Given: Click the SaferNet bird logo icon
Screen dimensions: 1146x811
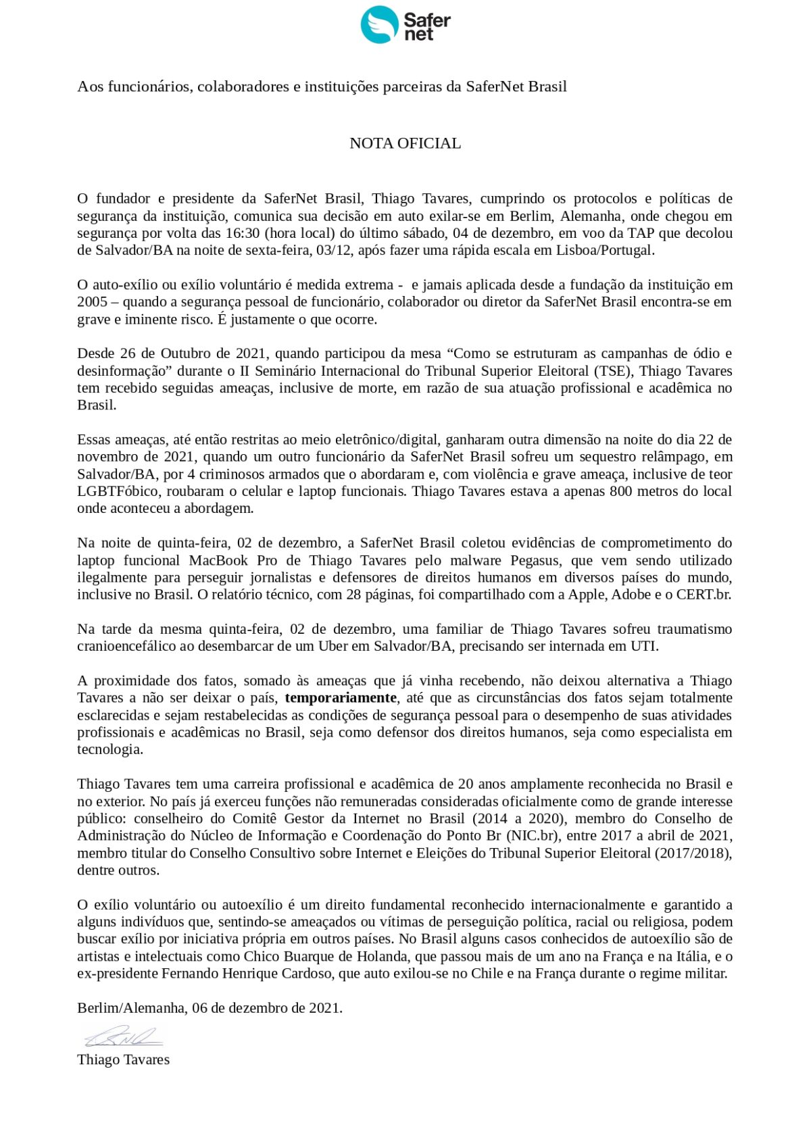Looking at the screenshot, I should point(379,25).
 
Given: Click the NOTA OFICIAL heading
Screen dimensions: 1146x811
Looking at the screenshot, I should point(405,143).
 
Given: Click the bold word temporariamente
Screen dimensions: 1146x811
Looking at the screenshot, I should point(341,698).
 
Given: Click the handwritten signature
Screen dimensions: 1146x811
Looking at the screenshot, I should point(122,1036).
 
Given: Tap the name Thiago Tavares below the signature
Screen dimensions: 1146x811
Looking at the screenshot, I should point(123,1060).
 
